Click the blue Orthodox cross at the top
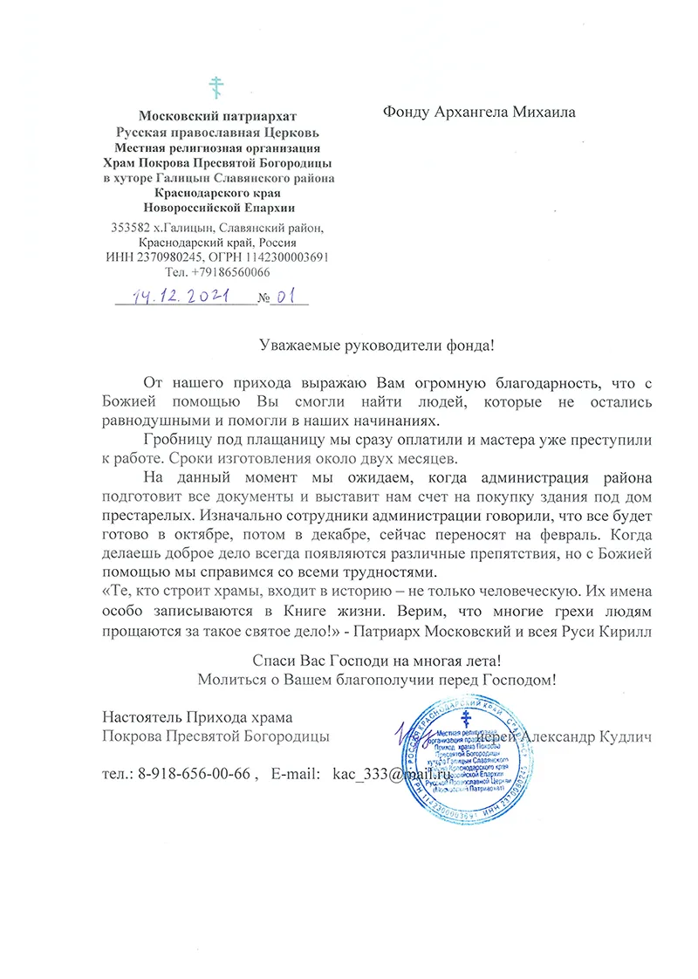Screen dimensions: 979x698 pyautogui.click(x=218, y=87)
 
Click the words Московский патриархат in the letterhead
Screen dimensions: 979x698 pyautogui.click(x=218, y=116)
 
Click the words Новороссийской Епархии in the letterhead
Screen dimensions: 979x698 pyautogui.click(x=218, y=208)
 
